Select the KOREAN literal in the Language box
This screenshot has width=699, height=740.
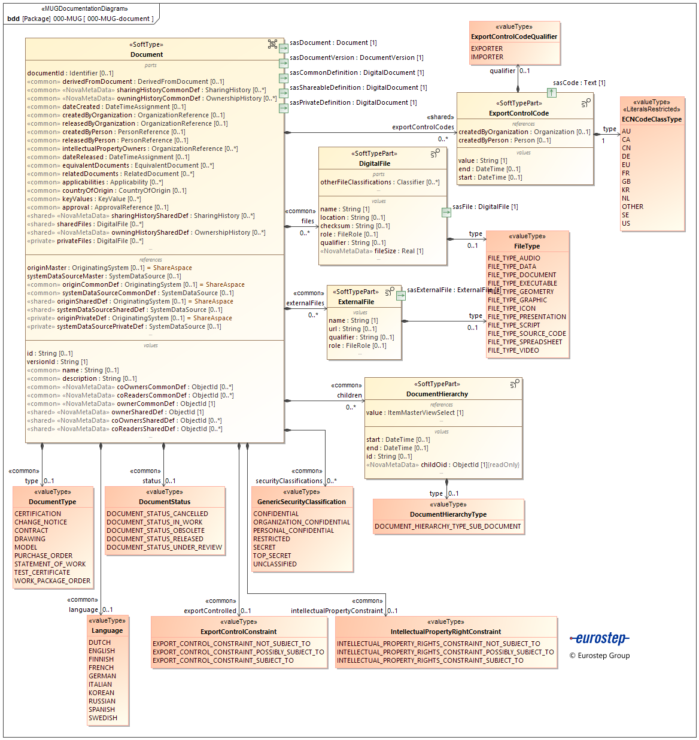[x=101, y=693]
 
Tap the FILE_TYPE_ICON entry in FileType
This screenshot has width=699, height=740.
[x=512, y=309]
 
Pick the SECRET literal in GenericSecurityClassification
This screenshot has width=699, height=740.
[x=265, y=547]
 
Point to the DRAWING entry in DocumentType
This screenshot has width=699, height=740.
[x=30, y=539]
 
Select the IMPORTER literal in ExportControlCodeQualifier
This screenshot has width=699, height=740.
[x=487, y=57]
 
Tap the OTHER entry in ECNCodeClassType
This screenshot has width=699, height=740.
[x=633, y=207]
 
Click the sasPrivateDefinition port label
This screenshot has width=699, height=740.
[x=353, y=102]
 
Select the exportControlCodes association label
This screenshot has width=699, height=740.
[x=423, y=127]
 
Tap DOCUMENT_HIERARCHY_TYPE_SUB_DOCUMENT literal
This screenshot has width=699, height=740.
[x=448, y=526]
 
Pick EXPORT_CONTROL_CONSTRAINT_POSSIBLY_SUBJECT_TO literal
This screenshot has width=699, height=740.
[x=238, y=652]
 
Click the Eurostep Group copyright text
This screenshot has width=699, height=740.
[x=600, y=656]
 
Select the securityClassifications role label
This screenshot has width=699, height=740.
[x=289, y=481]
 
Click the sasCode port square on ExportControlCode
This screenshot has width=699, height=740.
[x=552, y=93]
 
